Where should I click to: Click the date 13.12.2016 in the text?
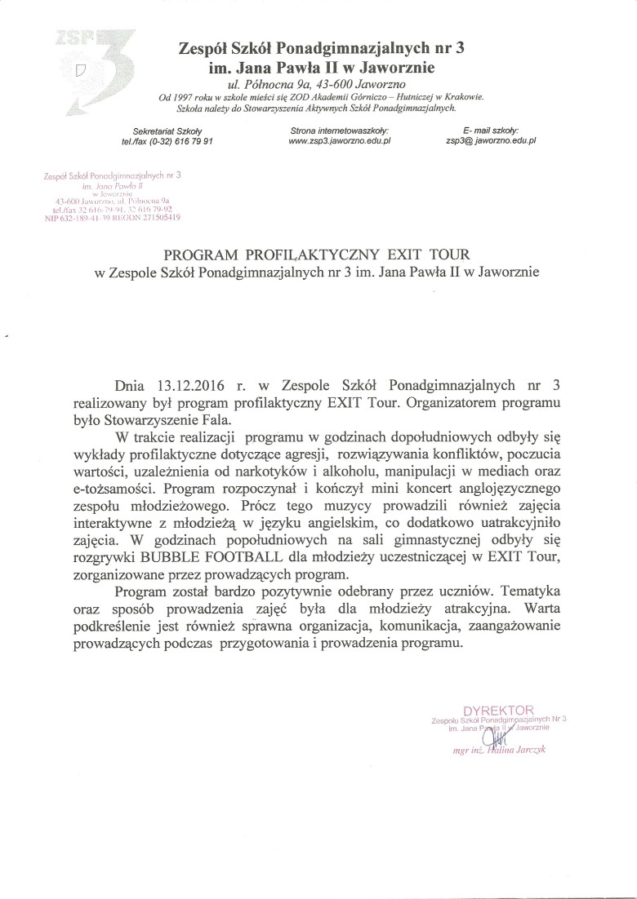point(189,383)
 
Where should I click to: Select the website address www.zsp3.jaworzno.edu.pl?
point(341,140)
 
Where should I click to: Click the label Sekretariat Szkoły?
point(166,131)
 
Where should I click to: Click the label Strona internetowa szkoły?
point(340,131)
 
